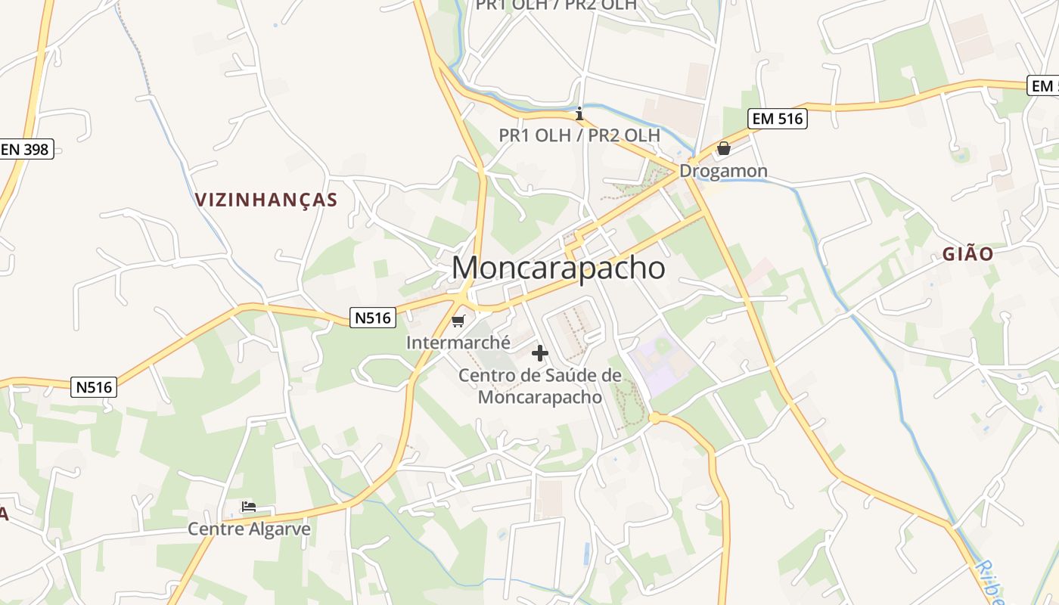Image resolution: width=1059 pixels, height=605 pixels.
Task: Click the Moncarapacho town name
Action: pyautogui.click(x=559, y=268)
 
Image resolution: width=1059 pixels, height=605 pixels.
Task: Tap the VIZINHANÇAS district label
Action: pyautogui.click(x=266, y=200)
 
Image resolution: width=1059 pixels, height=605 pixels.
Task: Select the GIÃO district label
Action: pyautogui.click(x=967, y=254)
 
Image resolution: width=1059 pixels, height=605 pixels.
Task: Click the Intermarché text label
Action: pyautogui.click(x=458, y=343)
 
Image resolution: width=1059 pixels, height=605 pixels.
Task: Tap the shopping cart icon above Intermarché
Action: pyautogui.click(x=458, y=321)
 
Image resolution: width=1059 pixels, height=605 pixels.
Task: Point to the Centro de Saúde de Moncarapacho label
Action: pyautogui.click(x=540, y=386)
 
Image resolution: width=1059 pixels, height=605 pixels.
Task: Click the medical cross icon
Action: pyautogui.click(x=540, y=353)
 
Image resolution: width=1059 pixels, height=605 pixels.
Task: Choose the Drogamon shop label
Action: pyautogui.click(x=723, y=171)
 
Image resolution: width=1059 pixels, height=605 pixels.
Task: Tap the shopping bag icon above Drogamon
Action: pyautogui.click(x=724, y=148)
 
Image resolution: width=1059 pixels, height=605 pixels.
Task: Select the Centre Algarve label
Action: pyautogui.click(x=249, y=529)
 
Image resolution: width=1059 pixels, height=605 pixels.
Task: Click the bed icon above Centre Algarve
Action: pyautogui.click(x=249, y=506)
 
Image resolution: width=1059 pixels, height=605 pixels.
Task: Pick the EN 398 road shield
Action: pyautogui.click(x=25, y=149)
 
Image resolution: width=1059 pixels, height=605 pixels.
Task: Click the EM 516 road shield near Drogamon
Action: pyautogui.click(x=778, y=119)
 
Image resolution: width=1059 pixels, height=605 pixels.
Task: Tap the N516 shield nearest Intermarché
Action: pyautogui.click(x=373, y=318)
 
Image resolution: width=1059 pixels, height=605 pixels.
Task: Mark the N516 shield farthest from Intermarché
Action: pyautogui.click(x=94, y=387)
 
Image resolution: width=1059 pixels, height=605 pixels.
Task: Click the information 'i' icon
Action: pyautogui.click(x=579, y=114)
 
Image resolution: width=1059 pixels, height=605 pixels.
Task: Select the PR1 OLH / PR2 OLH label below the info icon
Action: pyautogui.click(x=579, y=135)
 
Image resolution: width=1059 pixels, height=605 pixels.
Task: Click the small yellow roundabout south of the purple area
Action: pyautogui.click(x=654, y=417)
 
